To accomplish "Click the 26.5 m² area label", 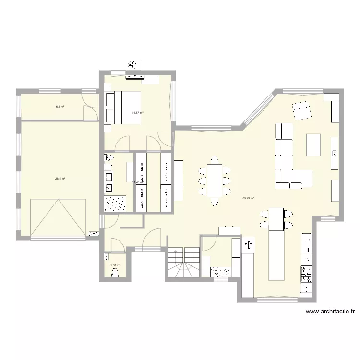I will (60, 179).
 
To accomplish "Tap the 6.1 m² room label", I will (60, 107).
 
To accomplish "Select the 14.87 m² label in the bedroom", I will (138, 113).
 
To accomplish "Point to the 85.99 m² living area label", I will (248, 198).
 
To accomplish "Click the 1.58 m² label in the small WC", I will (115, 265).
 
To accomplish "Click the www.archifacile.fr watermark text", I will (330, 312).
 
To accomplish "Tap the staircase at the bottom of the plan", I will (183, 263).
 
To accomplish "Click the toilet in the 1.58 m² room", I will (114, 273).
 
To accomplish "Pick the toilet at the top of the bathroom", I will (109, 158).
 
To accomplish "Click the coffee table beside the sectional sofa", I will (313, 144).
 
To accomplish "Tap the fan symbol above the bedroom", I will (132, 65).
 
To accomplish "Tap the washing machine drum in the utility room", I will (215, 272).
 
